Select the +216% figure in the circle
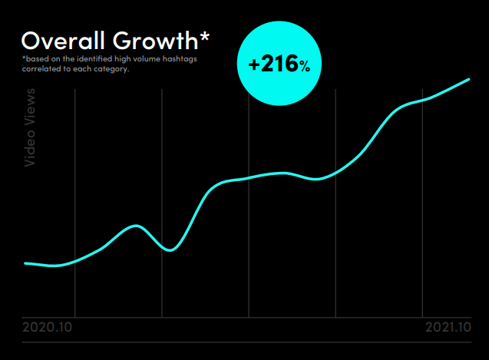coord(279,65)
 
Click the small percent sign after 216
coord(305,67)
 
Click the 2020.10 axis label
coord(48,327)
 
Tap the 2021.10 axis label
coord(448,327)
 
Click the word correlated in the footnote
coord(40,69)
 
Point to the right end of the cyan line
coord(468,79)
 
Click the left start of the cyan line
coord(25,263)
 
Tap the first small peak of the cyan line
coord(136,226)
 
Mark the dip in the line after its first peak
coord(172,249)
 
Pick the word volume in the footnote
coord(146,59)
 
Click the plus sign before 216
coord(255,65)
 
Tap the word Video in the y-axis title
coord(30,150)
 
